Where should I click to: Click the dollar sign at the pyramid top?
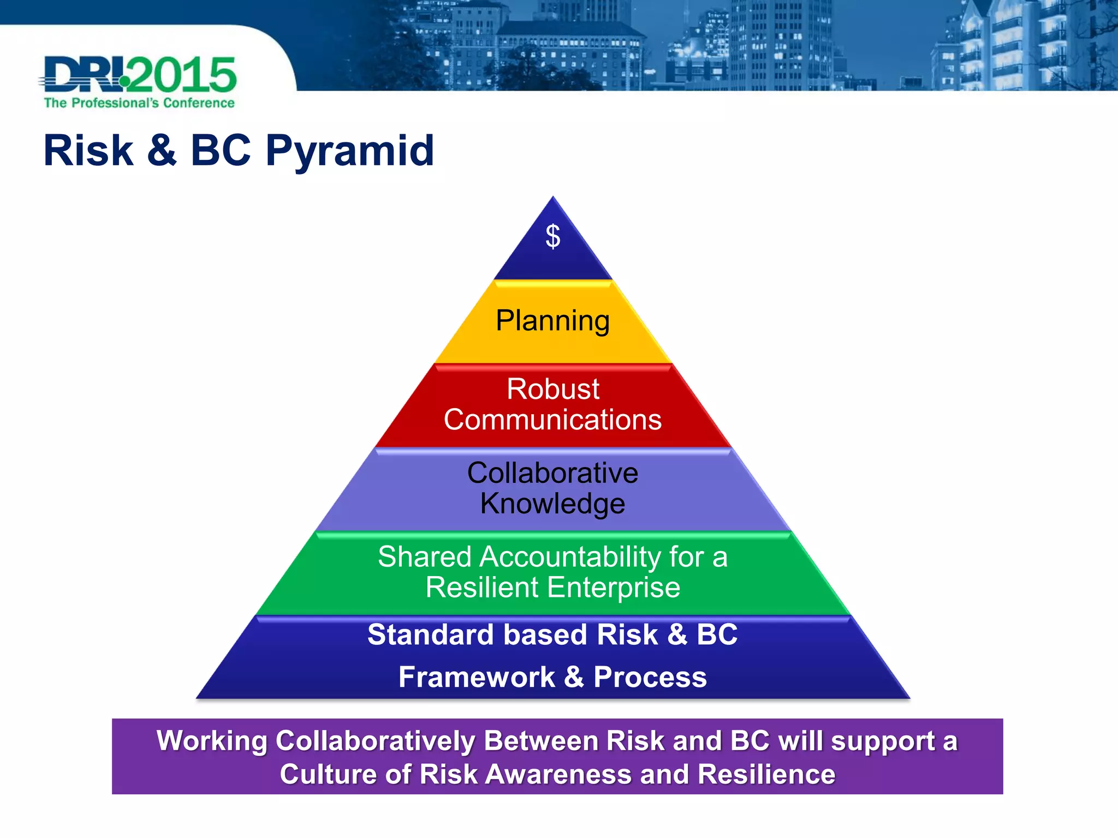coord(552,236)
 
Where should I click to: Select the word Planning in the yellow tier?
coord(552,321)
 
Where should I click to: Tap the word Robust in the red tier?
coord(552,389)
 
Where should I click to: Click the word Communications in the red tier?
coord(552,420)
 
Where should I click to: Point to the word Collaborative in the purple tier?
coord(552,472)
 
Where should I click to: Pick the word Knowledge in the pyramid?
coord(552,504)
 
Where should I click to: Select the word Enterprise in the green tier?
coord(614,588)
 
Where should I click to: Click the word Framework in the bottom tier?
coord(477,677)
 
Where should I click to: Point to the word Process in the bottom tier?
coord(650,677)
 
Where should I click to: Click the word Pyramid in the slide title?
coord(349,152)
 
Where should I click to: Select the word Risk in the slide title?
coord(88,151)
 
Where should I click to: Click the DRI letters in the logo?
coord(82,75)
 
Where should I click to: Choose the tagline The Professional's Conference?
coord(139,103)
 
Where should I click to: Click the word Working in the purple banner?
coord(211,741)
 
